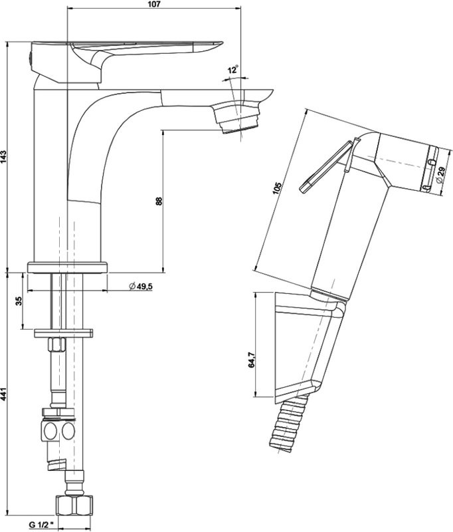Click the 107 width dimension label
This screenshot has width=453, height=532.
[x=153, y=4]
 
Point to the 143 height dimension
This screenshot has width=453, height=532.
[x=4, y=157]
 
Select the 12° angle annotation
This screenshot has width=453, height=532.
[x=232, y=70]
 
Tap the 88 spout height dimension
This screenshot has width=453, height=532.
[x=159, y=201]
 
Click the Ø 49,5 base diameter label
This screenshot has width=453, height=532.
[x=141, y=287]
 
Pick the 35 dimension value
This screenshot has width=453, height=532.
[x=19, y=301]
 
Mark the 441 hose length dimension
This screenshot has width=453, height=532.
[x=4, y=394]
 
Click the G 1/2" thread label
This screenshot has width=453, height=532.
[x=41, y=525]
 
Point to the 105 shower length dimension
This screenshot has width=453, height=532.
[x=277, y=189]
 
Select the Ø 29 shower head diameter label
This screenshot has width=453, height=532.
[x=440, y=176]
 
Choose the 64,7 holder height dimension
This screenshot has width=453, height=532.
[x=251, y=360]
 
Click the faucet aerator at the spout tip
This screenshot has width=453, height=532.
[x=238, y=119]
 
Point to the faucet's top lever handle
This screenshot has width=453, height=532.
[x=127, y=61]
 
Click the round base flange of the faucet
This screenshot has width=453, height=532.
[x=67, y=267]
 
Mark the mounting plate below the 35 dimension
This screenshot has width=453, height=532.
[x=64, y=333]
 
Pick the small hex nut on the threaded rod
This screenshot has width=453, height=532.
[x=56, y=344]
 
